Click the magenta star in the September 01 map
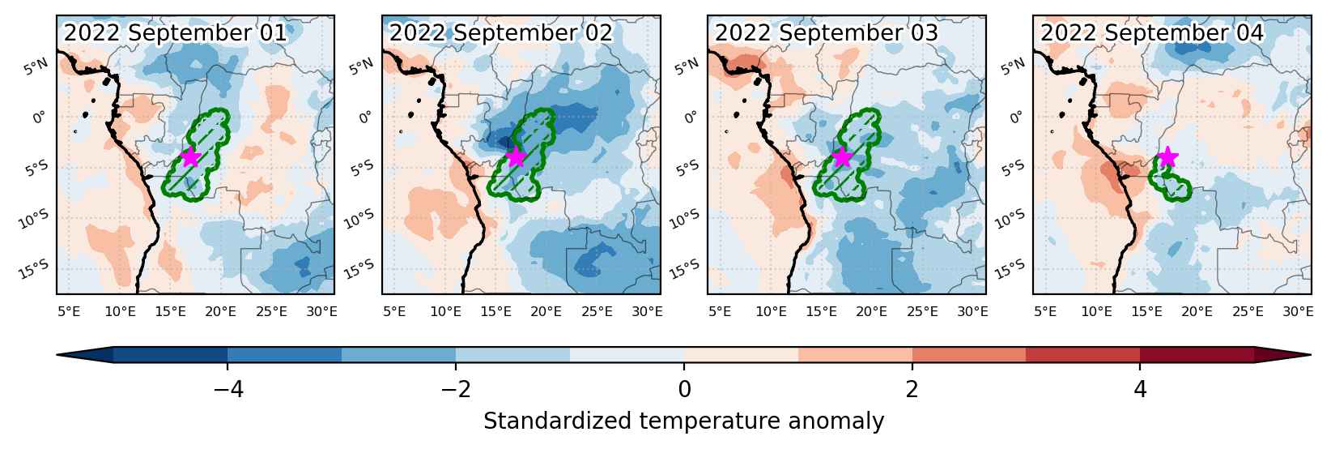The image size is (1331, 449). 190,157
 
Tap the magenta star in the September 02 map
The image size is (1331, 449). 516,157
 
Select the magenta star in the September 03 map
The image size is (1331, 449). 842,157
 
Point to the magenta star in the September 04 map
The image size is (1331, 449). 1167,157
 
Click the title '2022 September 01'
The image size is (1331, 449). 176,32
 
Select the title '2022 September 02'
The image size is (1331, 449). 501,32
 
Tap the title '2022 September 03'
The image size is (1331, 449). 827,32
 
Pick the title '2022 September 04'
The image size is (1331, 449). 1152,32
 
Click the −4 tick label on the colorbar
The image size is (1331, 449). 228,390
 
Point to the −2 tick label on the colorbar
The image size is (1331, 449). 456,390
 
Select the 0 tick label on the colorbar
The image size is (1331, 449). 684,390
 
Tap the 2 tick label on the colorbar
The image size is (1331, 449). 912,390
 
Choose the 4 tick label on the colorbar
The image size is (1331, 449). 1140,390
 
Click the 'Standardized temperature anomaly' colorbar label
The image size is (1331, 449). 684,421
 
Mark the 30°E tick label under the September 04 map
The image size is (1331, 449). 1298,311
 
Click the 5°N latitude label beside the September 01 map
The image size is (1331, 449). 36,66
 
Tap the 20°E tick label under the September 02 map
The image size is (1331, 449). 546,311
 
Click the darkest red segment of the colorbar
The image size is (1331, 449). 1197,354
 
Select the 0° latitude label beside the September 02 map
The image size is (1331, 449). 365,117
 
